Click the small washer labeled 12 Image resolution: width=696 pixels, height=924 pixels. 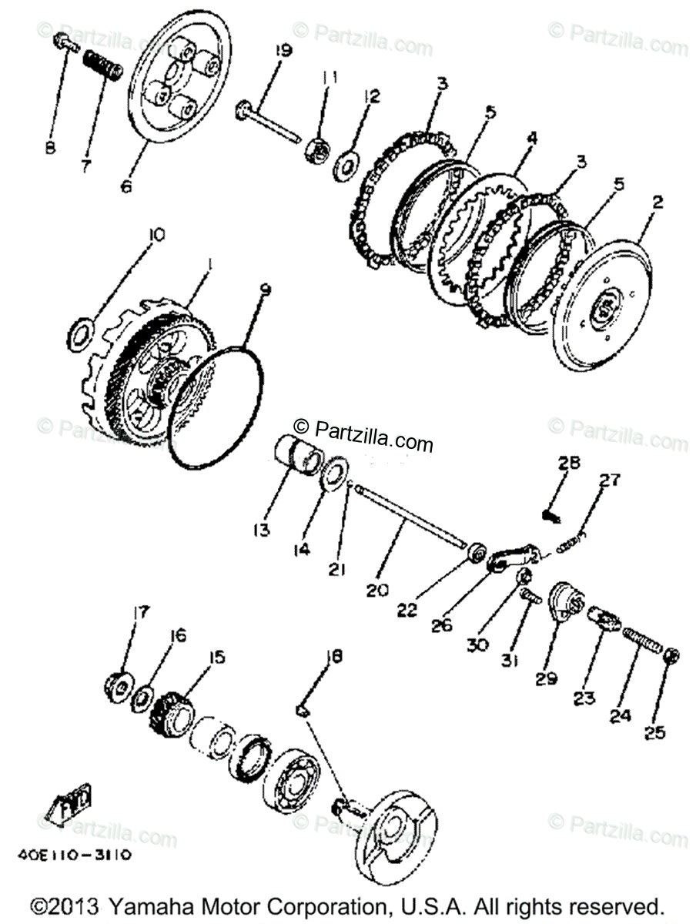point(343,163)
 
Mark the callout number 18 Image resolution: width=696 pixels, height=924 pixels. point(334,657)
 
